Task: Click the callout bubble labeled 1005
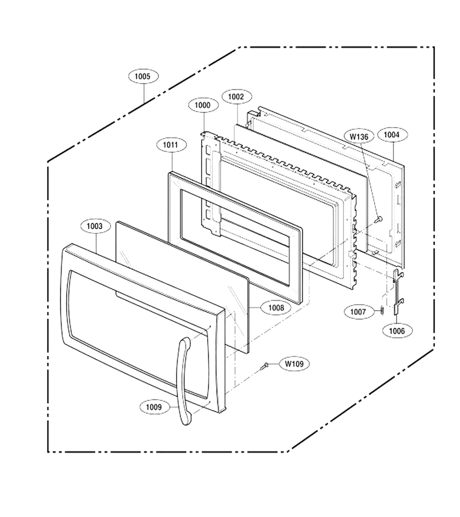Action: [x=143, y=76]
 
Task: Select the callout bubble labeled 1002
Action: [x=236, y=97]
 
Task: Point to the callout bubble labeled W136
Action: [x=359, y=136]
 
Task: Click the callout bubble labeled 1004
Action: [x=392, y=134]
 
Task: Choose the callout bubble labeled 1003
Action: [x=95, y=226]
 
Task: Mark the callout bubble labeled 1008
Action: [x=275, y=308]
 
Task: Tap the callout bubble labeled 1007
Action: [x=358, y=311]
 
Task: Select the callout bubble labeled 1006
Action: [x=397, y=331]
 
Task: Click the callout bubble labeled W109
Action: [x=294, y=364]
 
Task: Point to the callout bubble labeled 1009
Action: [x=154, y=407]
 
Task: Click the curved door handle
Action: [x=182, y=379]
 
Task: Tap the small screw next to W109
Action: [x=264, y=366]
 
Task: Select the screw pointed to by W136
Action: [x=379, y=219]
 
